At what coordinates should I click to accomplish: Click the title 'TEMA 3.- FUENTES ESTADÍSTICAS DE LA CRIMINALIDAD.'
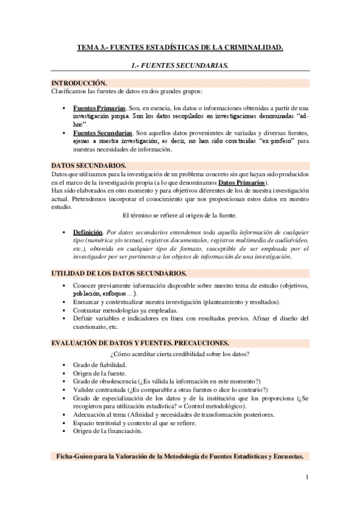(x=180, y=47)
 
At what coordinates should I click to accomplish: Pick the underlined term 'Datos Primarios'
(x=243, y=182)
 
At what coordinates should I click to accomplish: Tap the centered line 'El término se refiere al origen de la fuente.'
(x=180, y=215)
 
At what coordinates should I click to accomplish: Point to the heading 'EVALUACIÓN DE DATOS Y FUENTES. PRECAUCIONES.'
(x=139, y=343)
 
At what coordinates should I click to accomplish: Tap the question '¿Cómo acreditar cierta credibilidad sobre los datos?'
(x=180, y=353)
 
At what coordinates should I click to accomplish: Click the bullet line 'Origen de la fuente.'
(x=100, y=373)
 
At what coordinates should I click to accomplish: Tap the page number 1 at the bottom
(x=307, y=478)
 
